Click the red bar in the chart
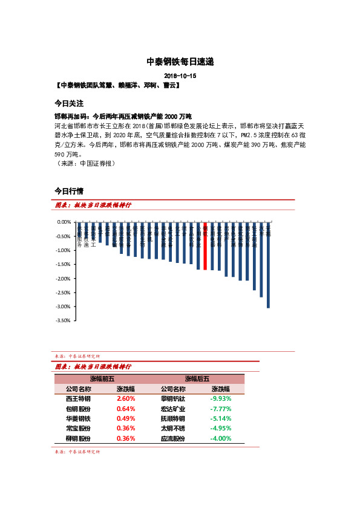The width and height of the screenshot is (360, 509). [x=205, y=246]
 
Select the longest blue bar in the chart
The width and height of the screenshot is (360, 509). [x=268, y=266]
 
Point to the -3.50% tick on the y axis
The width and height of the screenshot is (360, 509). [x=64, y=321]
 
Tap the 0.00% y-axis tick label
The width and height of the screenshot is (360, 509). [x=64, y=222]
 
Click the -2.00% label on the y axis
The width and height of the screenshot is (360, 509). [x=64, y=279]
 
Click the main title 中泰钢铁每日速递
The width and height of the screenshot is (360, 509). [x=180, y=62]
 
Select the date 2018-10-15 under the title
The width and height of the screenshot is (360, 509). [x=180, y=76]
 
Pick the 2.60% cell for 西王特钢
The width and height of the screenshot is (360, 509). [x=125, y=399]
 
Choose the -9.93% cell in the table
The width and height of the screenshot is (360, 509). [x=220, y=399]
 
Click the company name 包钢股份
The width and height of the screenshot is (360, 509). [x=78, y=409]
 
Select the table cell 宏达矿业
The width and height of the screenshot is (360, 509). [x=173, y=409]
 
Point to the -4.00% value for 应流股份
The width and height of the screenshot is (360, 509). [x=220, y=438]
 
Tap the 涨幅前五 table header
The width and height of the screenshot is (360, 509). [x=102, y=379]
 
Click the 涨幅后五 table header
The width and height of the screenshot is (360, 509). [x=197, y=379]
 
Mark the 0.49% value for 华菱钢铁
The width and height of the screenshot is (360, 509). [x=125, y=418]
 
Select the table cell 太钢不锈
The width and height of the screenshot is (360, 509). [x=173, y=429]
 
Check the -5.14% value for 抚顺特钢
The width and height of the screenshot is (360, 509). [x=220, y=418]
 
